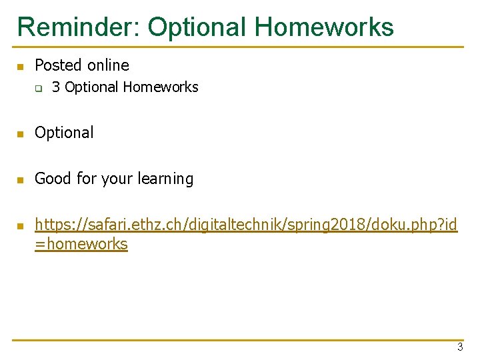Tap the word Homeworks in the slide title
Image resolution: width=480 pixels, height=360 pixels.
pyautogui.click(x=325, y=27)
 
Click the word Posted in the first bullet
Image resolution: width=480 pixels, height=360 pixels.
pyautogui.click(x=57, y=65)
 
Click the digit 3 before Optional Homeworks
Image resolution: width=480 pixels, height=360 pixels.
pyautogui.click(x=56, y=87)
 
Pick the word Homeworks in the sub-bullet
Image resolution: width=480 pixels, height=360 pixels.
pyautogui.click(x=161, y=87)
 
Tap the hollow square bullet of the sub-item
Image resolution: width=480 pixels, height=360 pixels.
pyautogui.click(x=39, y=88)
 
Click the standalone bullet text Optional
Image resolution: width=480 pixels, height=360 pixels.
pyautogui.click(x=64, y=133)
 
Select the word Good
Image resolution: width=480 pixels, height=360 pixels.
pyautogui.click(x=50, y=179)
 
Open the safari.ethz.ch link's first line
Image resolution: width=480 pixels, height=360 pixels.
pyautogui.click(x=246, y=225)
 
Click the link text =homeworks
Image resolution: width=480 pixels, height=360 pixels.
pyautogui.click(x=81, y=244)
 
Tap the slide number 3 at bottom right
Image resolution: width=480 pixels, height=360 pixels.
pyautogui.click(x=459, y=347)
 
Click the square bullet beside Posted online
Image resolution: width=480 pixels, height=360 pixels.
pyautogui.click(x=20, y=67)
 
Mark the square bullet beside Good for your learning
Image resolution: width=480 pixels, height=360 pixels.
pyautogui.click(x=20, y=180)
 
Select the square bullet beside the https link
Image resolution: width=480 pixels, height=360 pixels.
pyautogui.click(x=20, y=225)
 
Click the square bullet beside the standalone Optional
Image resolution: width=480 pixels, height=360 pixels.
pyautogui.click(x=20, y=134)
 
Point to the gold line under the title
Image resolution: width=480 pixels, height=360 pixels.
pyautogui.click(x=240, y=47)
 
